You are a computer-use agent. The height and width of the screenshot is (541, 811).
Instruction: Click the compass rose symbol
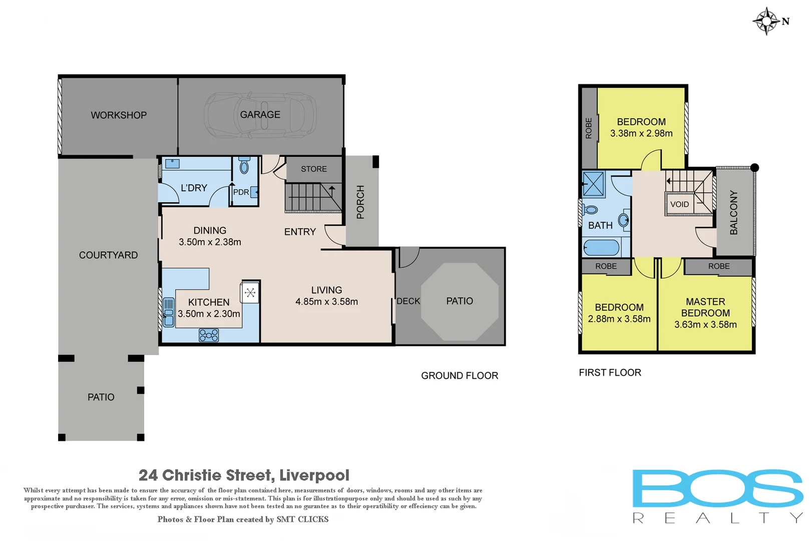click(766, 21)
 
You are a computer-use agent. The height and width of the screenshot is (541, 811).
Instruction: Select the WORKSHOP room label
click(119, 115)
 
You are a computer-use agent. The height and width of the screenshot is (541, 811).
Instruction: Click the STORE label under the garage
click(314, 169)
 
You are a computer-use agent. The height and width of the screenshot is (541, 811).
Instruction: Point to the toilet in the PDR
click(244, 166)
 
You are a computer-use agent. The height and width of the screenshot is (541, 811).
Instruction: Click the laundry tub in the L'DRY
click(172, 163)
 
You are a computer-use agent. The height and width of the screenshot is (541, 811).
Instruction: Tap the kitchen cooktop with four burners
click(209, 335)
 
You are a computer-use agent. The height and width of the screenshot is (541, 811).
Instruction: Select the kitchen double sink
click(169, 312)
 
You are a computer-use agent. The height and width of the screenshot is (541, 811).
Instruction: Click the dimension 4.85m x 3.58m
click(326, 302)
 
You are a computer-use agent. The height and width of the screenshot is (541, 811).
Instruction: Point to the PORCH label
click(360, 202)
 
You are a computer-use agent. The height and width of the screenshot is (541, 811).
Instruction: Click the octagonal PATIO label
click(460, 301)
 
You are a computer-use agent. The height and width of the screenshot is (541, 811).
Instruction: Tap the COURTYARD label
click(108, 255)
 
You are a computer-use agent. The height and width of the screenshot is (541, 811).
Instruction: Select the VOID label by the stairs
click(679, 204)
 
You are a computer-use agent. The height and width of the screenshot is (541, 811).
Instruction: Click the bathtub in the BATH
click(602, 247)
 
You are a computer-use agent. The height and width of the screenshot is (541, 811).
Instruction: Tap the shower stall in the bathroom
click(594, 184)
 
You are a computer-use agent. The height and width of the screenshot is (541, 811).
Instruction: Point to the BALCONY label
click(734, 212)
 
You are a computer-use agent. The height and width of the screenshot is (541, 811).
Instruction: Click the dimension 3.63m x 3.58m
click(705, 325)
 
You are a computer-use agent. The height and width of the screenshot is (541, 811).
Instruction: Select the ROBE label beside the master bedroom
click(718, 266)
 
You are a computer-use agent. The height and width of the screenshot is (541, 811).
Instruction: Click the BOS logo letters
click(717, 488)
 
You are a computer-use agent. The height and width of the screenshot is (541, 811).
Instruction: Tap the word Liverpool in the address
click(314, 475)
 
